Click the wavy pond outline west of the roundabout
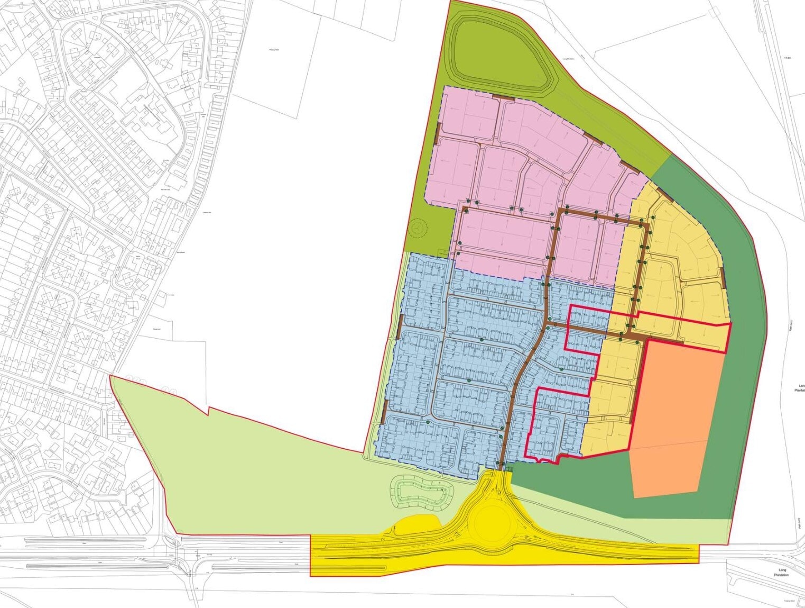[x=422, y=492]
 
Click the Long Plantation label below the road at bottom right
[x=782, y=573]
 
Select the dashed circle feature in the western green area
[x=418, y=228]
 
